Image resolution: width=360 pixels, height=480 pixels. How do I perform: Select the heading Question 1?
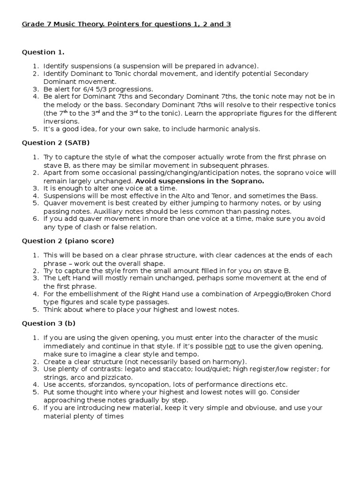coord(43,52)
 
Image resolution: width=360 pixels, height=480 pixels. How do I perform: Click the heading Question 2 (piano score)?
coord(68,241)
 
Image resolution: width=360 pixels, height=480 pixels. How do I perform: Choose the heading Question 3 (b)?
coord(48,323)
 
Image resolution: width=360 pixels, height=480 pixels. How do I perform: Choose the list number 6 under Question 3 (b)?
coord(36,408)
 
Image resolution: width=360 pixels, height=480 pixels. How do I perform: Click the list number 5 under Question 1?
coord(36,129)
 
